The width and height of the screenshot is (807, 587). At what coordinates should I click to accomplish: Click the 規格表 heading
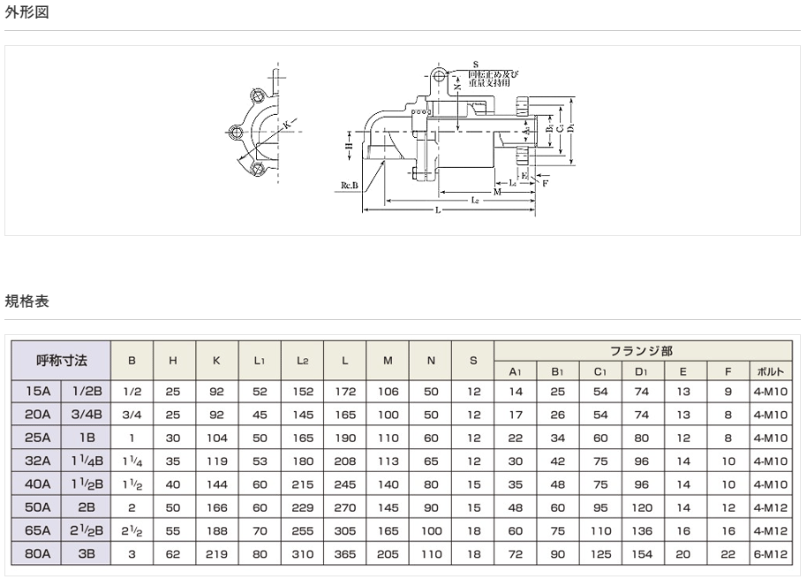point(26,301)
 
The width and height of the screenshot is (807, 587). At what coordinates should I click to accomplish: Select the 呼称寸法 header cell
point(61,361)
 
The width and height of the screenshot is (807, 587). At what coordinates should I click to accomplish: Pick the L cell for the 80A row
point(345,554)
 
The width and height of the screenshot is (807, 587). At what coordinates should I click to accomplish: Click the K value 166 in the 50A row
point(216,507)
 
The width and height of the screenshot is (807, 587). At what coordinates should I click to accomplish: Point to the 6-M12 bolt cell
point(771,554)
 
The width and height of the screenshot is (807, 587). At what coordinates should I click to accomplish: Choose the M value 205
point(388,554)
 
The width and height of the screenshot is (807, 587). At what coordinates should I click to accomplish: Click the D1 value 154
point(642,554)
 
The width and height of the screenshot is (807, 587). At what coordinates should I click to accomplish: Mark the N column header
point(431,361)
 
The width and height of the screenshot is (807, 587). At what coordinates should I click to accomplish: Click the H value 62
point(174,554)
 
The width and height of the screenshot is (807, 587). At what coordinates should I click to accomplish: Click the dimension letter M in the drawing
point(497,191)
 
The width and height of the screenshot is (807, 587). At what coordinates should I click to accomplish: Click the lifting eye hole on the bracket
point(439,75)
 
